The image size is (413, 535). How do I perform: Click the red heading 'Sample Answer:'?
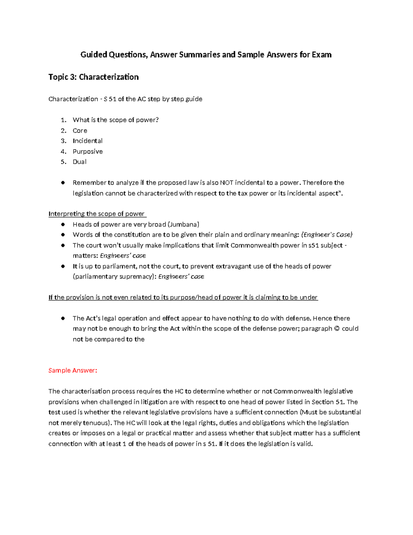point(73,370)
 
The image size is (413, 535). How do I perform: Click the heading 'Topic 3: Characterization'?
point(93,77)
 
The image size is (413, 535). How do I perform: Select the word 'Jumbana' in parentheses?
point(183,225)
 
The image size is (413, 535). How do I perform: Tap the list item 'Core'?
point(80,131)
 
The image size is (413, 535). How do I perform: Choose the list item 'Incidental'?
point(87,141)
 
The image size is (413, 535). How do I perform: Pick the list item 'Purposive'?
point(87,152)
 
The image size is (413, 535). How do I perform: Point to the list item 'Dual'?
point(80,162)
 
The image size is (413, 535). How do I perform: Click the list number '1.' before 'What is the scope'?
point(63,120)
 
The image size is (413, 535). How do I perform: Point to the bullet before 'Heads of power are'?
point(63,225)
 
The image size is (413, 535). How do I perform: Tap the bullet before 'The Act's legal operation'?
point(63,318)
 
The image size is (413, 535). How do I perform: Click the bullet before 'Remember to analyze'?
point(63,183)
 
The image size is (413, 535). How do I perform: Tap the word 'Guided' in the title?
point(94,54)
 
